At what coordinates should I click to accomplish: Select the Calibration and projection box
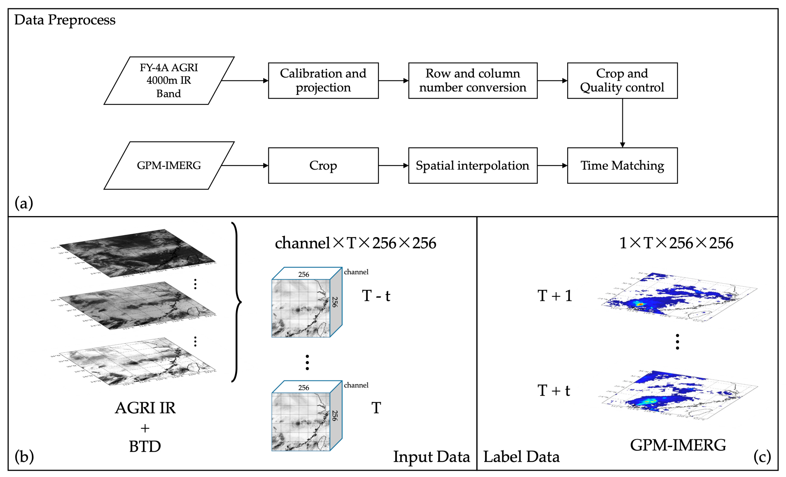[323, 80]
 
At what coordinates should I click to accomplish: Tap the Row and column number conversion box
[472, 80]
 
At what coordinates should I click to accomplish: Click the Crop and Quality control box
[622, 80]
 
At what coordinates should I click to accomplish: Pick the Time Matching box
[622, 165]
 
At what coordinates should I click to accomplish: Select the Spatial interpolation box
[472, 165]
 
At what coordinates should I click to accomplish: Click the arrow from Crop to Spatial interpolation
[393, 165]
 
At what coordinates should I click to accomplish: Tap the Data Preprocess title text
[65, 20]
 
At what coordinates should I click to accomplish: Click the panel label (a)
[24, 203]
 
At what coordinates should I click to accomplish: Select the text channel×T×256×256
[355, 243]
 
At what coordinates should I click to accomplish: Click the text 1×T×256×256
[676, 243]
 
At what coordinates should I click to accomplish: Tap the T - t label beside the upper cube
[376, 296]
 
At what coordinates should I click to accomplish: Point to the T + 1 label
[554, 296]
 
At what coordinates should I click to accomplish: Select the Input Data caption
[431, 457]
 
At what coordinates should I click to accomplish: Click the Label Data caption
[521, 457]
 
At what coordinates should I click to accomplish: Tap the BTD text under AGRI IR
[145, 446]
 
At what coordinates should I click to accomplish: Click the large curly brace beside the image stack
[237, 302]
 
